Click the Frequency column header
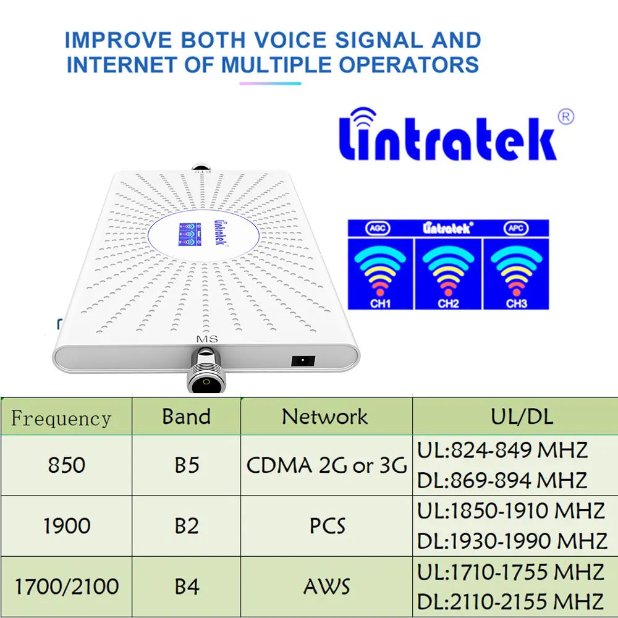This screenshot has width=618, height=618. pyautogui.click(x=61, y=418)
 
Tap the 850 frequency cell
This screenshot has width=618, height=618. pyautogui.click(x=66, y=465)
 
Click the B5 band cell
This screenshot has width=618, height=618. pyautogui.click(x=186, y=465)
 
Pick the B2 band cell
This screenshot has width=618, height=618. pyautogui.click(x=186, y=526)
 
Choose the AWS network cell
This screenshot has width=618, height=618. pyautogui.click(x=326, y=586)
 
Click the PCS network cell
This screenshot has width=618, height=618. pyautogui.click(x=326, y=526)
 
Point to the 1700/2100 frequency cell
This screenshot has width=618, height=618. pyautogui.click(x=66, y=586)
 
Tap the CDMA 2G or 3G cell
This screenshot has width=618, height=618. pyautogui.click(x=326, y=465)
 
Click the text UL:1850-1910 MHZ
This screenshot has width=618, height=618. pyautogui.click(x=511, y=511)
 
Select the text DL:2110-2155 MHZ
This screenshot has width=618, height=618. pyautogui.click(x=511, y=601)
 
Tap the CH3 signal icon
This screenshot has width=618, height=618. pyautogui.click(x=515, y=272)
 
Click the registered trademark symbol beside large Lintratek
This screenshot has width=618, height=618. pyautogui.click(x=566, y=116)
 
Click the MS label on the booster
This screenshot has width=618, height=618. pyautogui.click(x=204, y=338)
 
